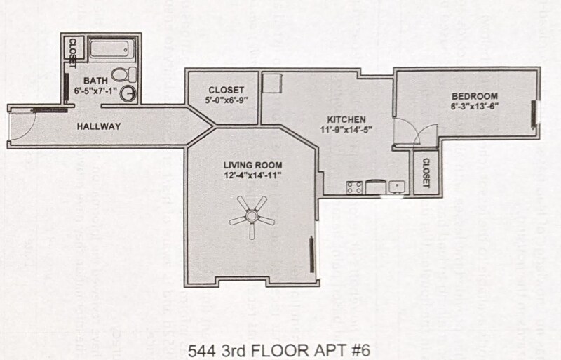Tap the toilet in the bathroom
(120, 73)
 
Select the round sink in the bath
(128, 93)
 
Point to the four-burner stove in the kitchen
(355, 187)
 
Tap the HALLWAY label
(99, 126)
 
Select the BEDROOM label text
(474, 96)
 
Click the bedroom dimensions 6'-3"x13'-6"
(474, 106)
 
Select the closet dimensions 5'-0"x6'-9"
(226, 100)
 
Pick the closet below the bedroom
(425, 171)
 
